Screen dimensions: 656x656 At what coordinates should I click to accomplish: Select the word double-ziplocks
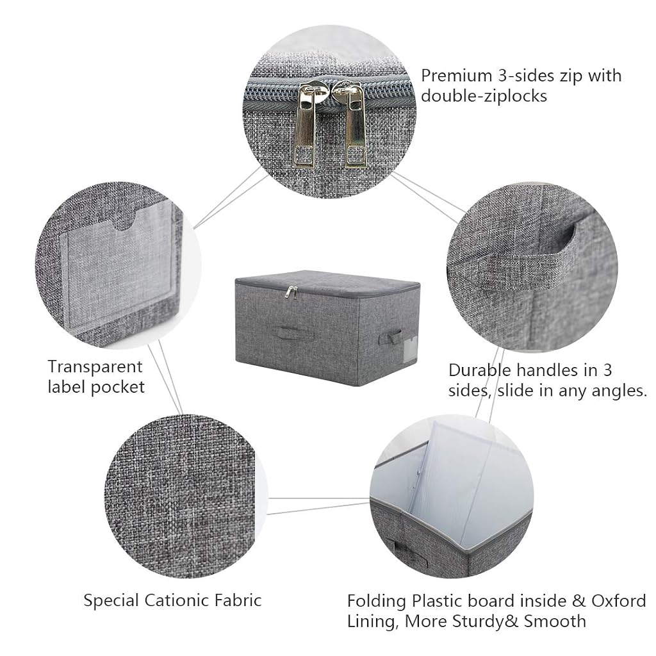click(x=484, y=96)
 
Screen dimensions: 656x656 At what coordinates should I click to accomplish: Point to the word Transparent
click(x=95, y=367)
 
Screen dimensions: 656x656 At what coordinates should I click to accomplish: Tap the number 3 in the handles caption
click(x=607, y=371)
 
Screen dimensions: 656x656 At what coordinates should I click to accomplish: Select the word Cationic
click(x=179, y=601)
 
